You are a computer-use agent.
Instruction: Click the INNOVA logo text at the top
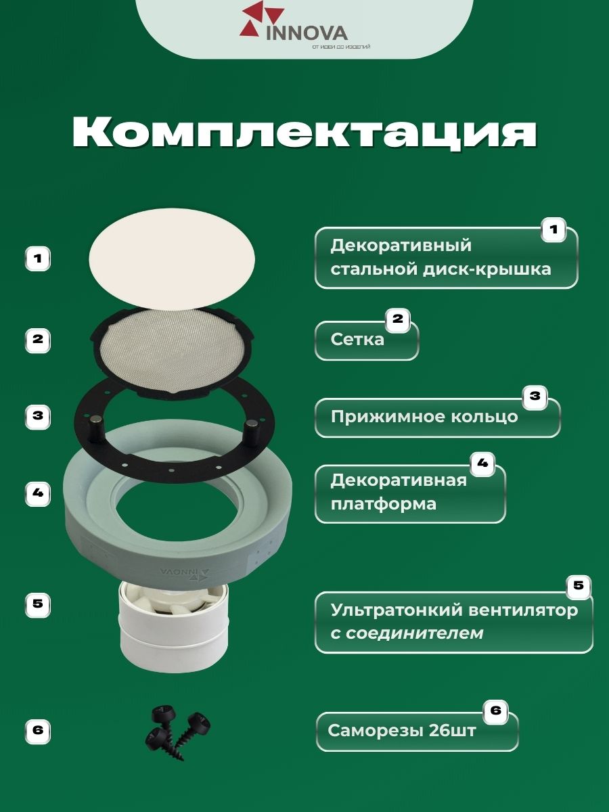[x=307, y=33]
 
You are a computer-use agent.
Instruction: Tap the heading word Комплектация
[x=304, y=133]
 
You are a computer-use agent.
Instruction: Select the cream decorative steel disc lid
[x=172, y=259]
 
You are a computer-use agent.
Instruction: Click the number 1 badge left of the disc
[x=38, y=258]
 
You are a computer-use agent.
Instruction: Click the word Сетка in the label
[x=357, y=339]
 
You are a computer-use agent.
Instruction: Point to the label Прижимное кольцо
[x=424, y=417]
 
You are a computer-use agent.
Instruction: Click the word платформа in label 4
[x=384, y=504]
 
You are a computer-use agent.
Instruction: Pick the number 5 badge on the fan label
[x=578, y=585]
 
